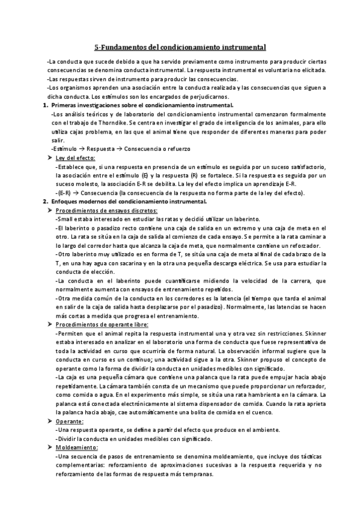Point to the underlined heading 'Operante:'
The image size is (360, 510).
[69, 422]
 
